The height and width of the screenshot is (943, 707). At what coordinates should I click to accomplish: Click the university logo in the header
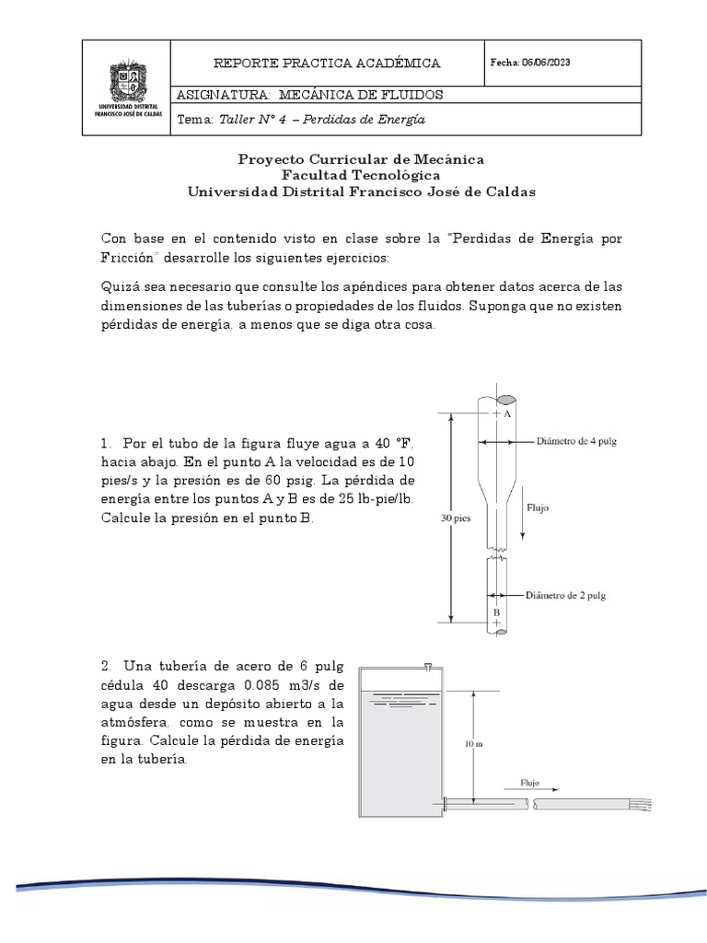(x=128, y=88)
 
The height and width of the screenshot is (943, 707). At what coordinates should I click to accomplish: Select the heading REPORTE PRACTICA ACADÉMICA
(x=327, y=63)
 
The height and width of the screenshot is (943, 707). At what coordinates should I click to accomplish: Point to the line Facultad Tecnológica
(x=361, y=175)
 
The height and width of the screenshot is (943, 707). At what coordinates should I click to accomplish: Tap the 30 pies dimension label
(x=455, y=518)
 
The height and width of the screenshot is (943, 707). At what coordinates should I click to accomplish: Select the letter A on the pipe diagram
(x=506, y=414)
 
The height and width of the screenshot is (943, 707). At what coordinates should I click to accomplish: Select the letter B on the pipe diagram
(x=496, y=611)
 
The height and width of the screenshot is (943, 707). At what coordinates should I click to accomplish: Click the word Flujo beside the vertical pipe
(x=538, y=507)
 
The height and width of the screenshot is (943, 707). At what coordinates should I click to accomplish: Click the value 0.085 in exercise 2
(x=268, y=686)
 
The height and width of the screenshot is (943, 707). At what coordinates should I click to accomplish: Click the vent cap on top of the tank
(x=427, y=667)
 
